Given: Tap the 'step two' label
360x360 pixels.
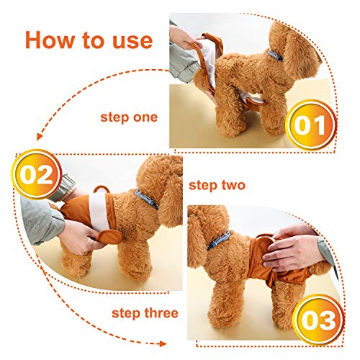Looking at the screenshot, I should [217, 185].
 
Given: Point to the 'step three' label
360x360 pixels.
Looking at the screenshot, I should [145, 313].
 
